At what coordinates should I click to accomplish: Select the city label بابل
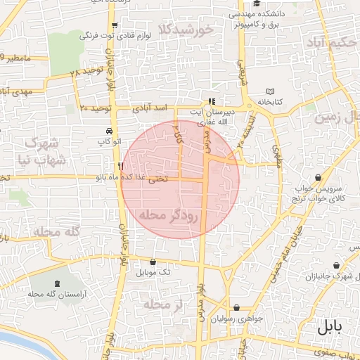tap(328, 327)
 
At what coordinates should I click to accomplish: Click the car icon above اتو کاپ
tap(109, 131)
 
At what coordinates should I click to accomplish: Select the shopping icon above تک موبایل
tap(154, 261)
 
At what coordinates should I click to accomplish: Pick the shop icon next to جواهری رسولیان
tap(237, 308)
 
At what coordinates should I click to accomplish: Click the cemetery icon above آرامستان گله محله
tap(52, 281)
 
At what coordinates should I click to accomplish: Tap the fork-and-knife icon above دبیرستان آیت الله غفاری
tap(213, 101)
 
